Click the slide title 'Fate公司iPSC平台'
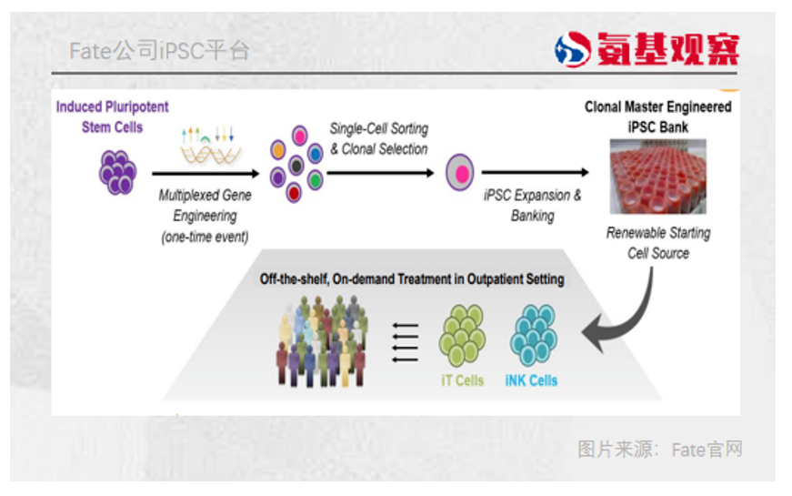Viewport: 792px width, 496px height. tap(159, 51)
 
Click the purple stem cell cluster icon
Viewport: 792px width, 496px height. tap(117, 172)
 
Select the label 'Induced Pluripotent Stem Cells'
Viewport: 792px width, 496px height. tap(113, 117)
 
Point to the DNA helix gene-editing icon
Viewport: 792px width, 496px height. tap(208, 146)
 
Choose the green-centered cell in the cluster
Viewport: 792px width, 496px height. tap(316, 181)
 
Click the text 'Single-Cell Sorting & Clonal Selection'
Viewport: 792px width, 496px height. tap(378, 139)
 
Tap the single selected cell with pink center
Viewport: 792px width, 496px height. tap(460, 172)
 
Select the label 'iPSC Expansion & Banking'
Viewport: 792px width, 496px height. tap(532, 206)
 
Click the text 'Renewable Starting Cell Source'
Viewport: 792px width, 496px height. tap(657, 243)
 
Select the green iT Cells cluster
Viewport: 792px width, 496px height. tap(462, 335)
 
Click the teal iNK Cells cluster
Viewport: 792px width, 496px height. tap(535, 335)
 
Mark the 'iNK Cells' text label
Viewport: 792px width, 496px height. tap(531, 380)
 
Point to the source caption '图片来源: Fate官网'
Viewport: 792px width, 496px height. tap(660, 449)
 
